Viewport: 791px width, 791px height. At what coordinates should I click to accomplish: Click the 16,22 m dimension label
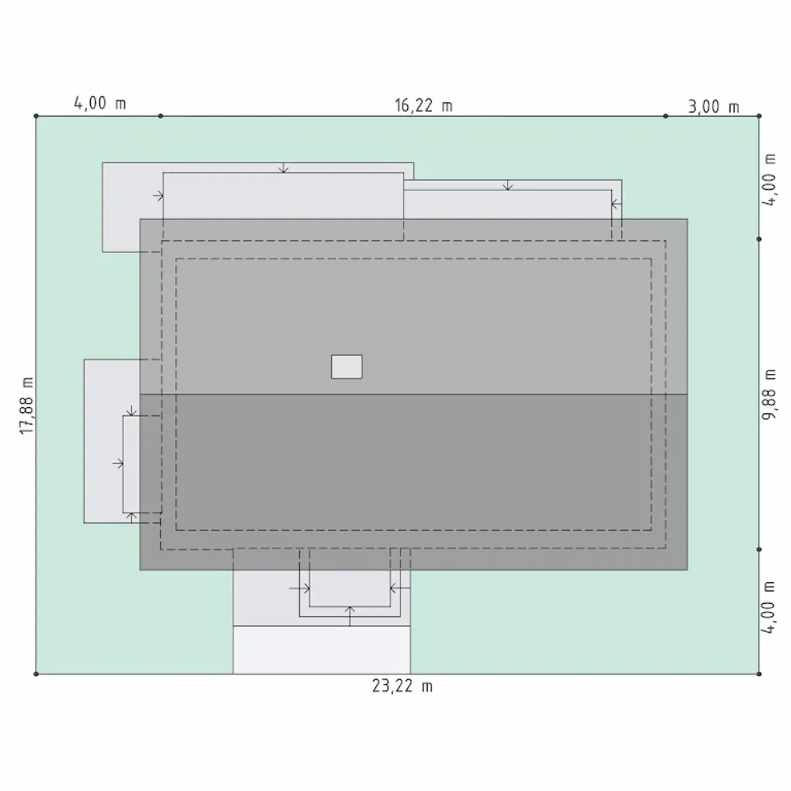click(x=423, y=106)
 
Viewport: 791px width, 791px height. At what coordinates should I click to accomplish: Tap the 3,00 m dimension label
click(x=713, y=107)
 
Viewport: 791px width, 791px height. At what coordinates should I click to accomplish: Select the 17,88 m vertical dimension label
click(x=27, y=405)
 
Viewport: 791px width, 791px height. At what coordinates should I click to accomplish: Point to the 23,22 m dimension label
click(x=402, y=686)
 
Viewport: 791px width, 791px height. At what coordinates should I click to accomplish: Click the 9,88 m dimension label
click(x=769, y=394)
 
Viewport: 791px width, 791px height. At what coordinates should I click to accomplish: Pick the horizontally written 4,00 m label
click(x=99, y=103)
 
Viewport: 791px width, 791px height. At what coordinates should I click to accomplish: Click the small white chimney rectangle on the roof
click(x=347, y=366)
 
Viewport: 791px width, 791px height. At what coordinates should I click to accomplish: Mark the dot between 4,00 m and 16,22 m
click(x=161, y=116)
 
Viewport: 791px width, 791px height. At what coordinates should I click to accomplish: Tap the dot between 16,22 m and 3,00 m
click(x=666, y=116)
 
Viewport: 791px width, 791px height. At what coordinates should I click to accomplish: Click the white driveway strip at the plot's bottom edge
click(x=322, y=649)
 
